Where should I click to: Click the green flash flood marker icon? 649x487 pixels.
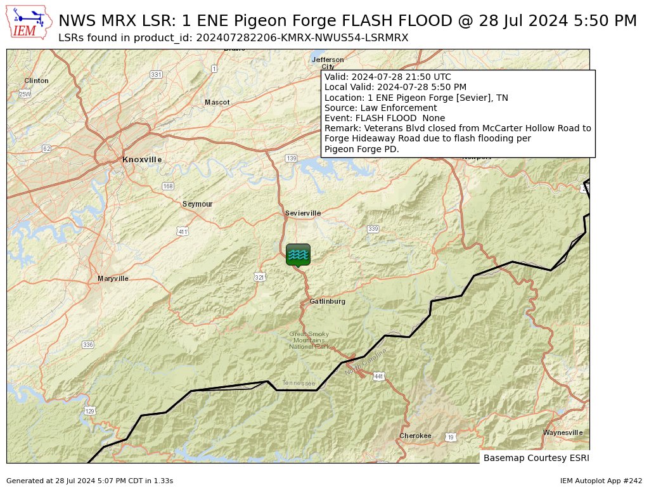pos(298,254)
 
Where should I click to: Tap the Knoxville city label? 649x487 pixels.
pos(142,160)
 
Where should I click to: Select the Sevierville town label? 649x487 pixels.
pos(303,214)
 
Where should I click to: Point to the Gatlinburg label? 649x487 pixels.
pos(328,302)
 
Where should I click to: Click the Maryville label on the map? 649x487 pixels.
pos(113,279)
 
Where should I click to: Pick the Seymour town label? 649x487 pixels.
pos(198,204)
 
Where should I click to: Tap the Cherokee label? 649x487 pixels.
pos(415,436)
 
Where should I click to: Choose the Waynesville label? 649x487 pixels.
pos(563,433)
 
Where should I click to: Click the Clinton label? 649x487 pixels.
pos(36,81)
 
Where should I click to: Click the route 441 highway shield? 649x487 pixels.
pos(379,377)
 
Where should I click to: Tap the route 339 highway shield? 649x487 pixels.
pos(373,229)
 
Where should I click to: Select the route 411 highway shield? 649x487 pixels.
pos(183,232)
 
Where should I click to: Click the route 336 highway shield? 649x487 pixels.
pos(87,345)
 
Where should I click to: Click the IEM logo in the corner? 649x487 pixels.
pos(29,22)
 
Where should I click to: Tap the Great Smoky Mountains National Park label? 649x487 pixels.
pos(309,341)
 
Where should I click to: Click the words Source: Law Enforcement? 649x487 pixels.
pos(380,108)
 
